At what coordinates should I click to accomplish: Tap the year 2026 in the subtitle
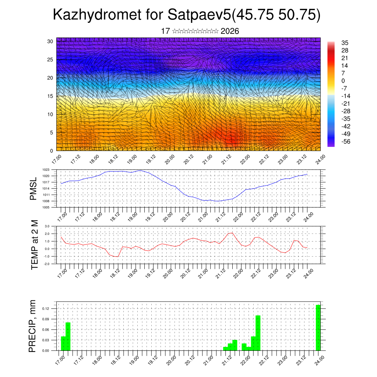pyautogui.click(x=230, y=31)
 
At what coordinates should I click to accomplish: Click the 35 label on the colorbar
pyautogui.click(x=345, y=43)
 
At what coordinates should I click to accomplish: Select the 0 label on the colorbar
pyautogui.click(x=343, y=81)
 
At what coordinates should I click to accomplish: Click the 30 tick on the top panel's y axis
pyautogui.click(x=50, y=41)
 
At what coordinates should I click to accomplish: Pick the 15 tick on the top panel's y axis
pyautogui.click(x=50, y=96)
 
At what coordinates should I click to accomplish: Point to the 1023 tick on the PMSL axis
pyautogui.click(x=46, y=170)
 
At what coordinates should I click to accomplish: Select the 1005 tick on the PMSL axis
pyautogui.click(x=46, y=207)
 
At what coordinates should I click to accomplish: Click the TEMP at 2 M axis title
pyautogui.click(x=35, y=244)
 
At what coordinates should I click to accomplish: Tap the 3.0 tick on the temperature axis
pyautogui.click(x=47, y=226)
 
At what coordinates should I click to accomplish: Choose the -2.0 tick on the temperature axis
pyautogui.click(x=47, y=264)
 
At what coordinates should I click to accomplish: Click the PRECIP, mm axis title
pyautogui.click(x=33, y=326)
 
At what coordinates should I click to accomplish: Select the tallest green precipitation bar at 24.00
pyautogui.click(x=318, y=327)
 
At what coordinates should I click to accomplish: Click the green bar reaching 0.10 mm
pyautogui.click(x=258, y=333)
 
